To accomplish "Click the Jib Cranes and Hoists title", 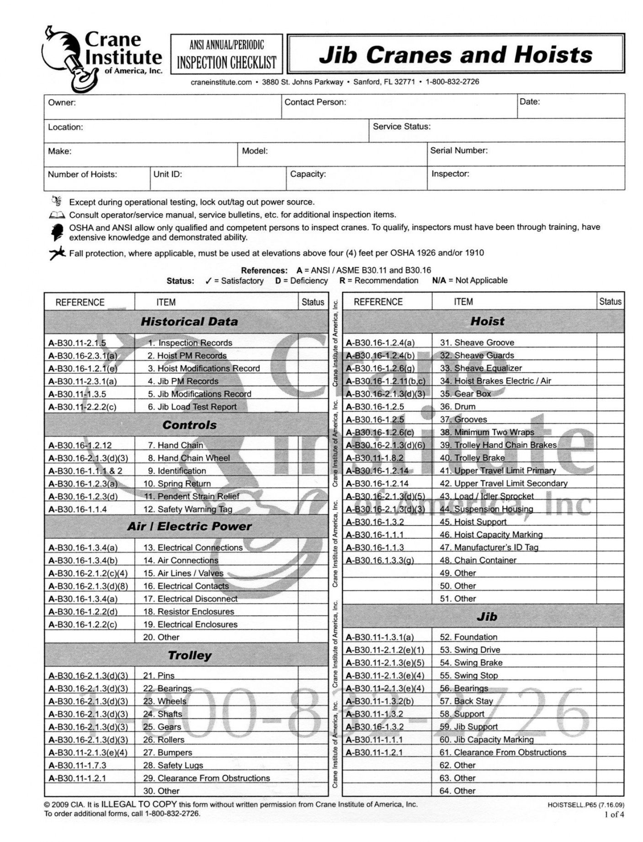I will (x=456, y=54).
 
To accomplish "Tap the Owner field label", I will (x=62, y=102).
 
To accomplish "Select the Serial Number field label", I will (x=459, y=150).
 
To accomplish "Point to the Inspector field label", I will (x=450, y=174).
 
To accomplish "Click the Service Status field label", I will (x=402, y=127).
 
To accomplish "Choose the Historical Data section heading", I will (x=189, y=322).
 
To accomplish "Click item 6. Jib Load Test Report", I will (x=192, y=407).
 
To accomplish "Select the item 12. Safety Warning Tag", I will (x=188, y=509).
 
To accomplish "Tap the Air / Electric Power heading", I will (x=189, y=526).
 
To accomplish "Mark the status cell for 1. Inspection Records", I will (x=313, y=343).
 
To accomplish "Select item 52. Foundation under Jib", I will (x=468, y=637).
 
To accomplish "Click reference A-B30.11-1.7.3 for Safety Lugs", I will (x=77, y=765).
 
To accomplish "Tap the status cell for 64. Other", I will (x=610, y=790).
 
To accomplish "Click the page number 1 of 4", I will (x=615, y=814).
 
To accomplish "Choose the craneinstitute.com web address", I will (x=221, y=82).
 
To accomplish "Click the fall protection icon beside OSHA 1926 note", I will (x=58, y=253).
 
